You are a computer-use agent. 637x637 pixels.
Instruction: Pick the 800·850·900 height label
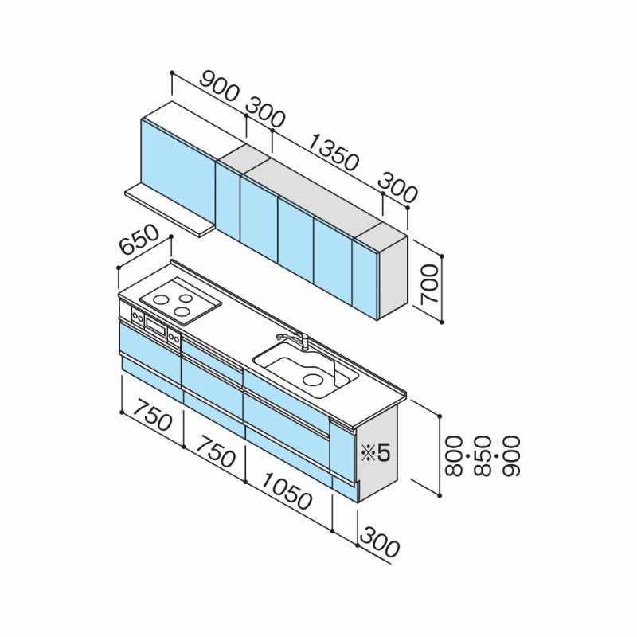tap(483, 455)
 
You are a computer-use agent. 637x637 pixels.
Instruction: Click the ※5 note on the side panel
tap(375, 451)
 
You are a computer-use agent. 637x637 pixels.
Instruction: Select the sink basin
tap(306, 369)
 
